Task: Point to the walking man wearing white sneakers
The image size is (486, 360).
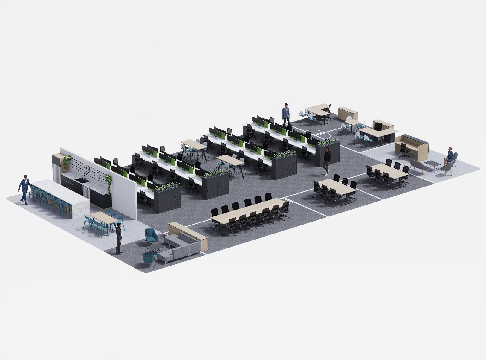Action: [327, 161]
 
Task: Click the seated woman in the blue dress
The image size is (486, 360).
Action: [449, 156]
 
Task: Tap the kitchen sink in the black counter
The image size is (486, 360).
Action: [81, 180]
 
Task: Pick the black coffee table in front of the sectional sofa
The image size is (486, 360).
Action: [155, 248]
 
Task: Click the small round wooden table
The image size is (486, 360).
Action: [352, 122]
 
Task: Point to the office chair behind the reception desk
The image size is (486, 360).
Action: [404, 150]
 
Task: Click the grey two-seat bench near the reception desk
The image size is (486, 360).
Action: [418, 166]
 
